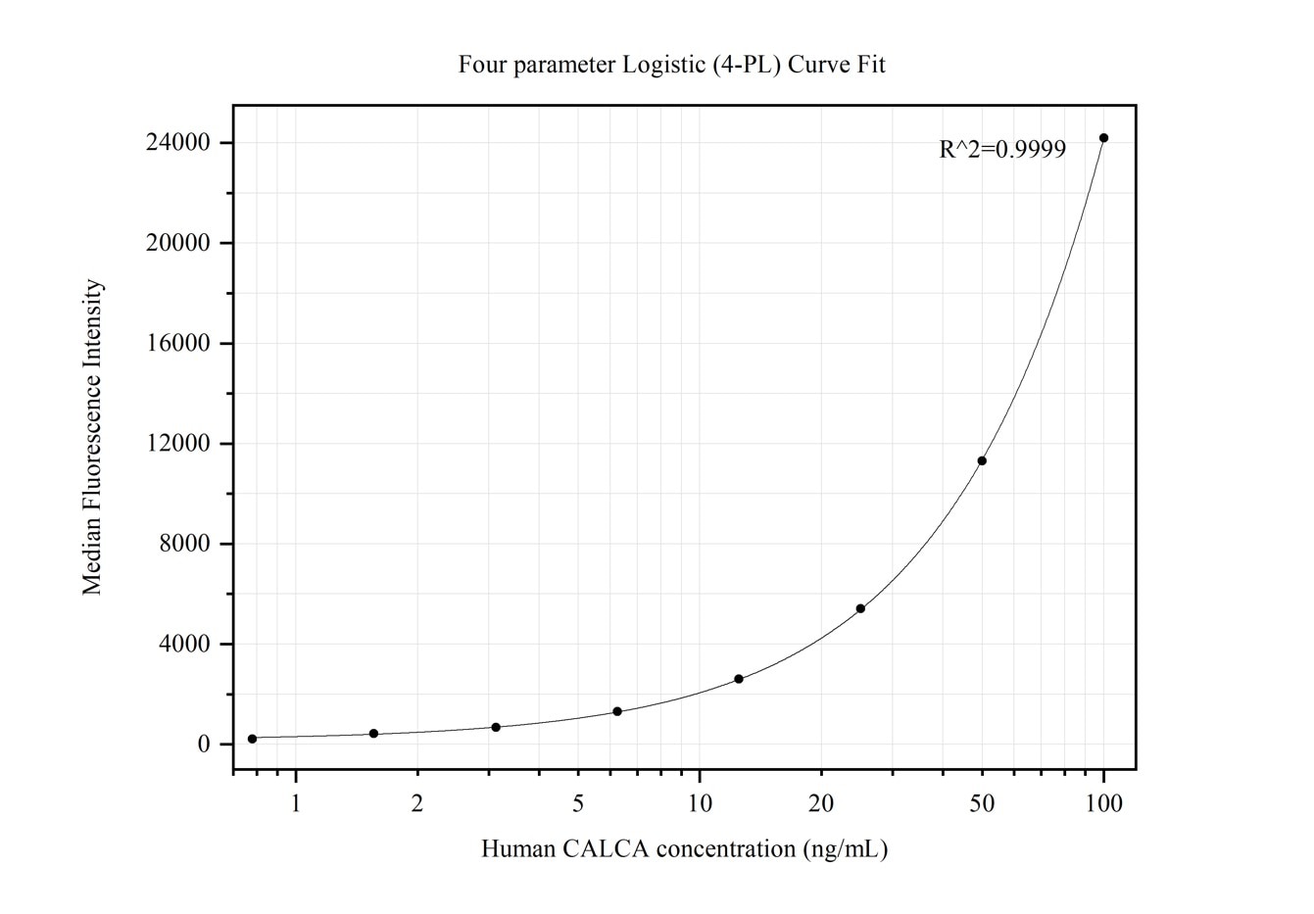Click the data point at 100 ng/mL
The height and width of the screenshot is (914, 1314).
(1103, 138)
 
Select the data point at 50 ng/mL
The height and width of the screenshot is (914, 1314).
(982, 460)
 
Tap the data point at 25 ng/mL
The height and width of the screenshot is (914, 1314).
(860, 608)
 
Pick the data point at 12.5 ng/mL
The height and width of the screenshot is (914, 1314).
(739, 679)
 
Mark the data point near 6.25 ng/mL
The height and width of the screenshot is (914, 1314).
(617, 711)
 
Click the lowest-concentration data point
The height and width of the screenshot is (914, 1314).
(252, 739)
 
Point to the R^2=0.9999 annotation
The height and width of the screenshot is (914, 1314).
(1002, 150)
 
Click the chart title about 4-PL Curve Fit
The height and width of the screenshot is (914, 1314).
(671, 65)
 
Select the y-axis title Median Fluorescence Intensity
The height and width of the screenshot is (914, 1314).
(92, 437)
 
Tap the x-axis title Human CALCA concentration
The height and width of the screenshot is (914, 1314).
(684, 848)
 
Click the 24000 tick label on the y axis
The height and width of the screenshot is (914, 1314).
(177, 143)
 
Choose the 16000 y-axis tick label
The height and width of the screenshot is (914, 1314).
(177, 344)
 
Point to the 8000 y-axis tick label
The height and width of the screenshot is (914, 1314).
(184, 544)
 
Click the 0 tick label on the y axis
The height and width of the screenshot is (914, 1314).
(204, 745)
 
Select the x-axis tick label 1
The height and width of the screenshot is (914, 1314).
(295, 803)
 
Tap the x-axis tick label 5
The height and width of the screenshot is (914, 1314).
(578, 803)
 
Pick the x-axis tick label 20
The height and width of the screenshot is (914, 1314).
(821, 803)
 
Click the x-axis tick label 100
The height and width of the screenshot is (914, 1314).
(1103, 803)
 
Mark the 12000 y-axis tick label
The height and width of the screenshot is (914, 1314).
(177, 444)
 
